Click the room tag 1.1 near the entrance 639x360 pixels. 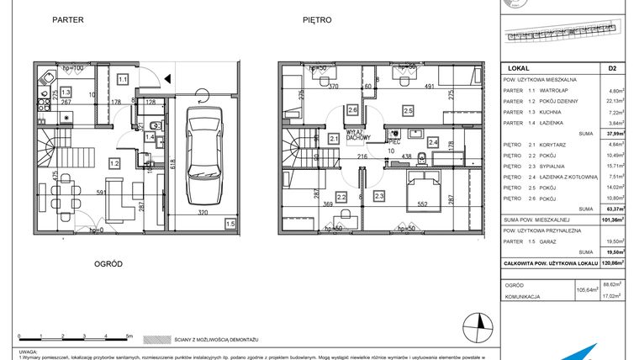123,79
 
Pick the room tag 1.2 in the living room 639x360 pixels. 114,162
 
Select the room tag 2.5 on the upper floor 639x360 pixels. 408,110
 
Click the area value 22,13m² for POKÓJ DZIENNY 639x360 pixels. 615,101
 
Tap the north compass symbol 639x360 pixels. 478,321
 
